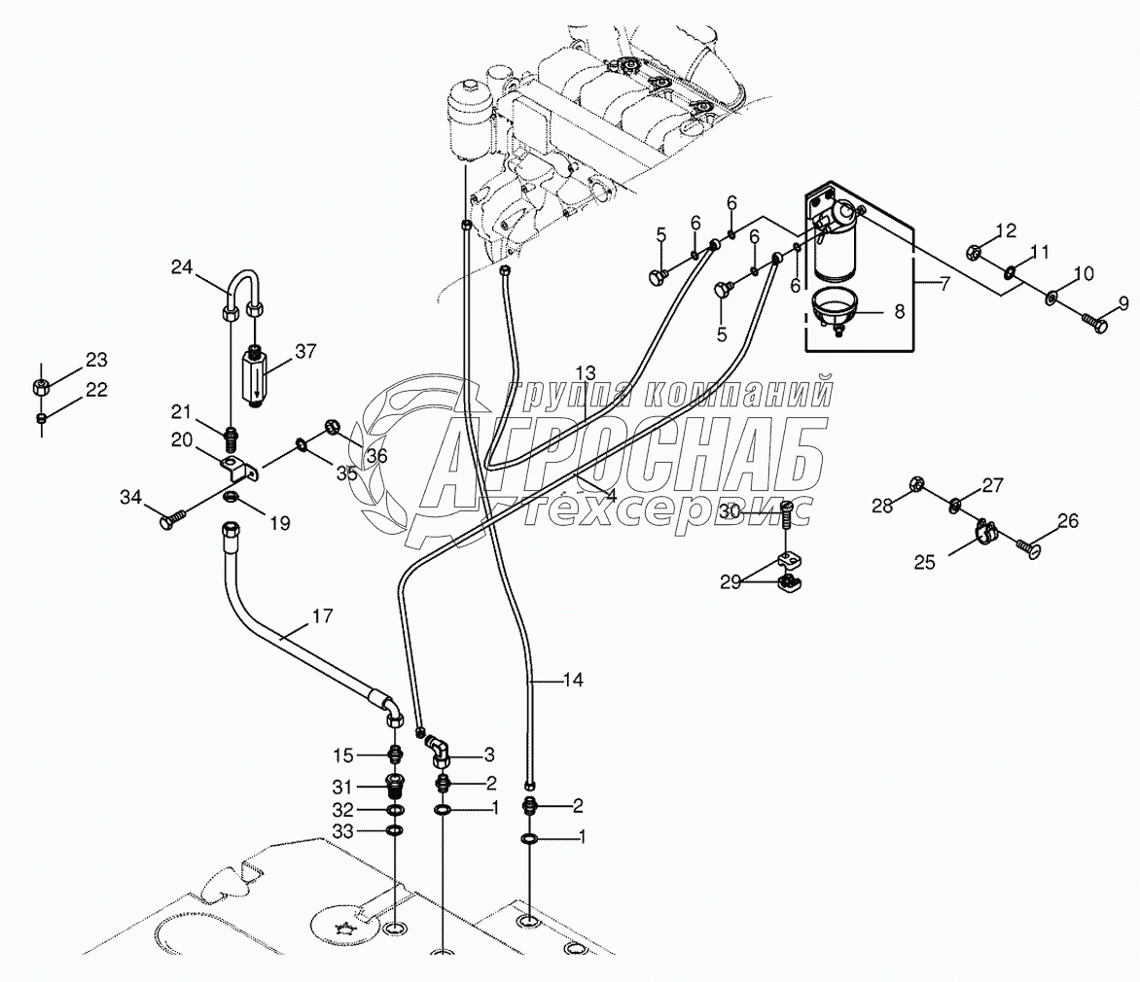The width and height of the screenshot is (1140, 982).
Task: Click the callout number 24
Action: tap(183, 267)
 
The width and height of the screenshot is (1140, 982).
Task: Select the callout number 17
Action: tap(322, 615)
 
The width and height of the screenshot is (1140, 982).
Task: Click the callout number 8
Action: tap(899, 312)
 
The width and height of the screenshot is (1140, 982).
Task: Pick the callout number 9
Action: tap(1122, 304)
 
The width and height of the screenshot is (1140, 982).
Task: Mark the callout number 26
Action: tap(1067, 521)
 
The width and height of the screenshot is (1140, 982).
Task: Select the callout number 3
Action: tap(463, 754)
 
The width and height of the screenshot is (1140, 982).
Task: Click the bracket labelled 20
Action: tap(239, 471)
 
